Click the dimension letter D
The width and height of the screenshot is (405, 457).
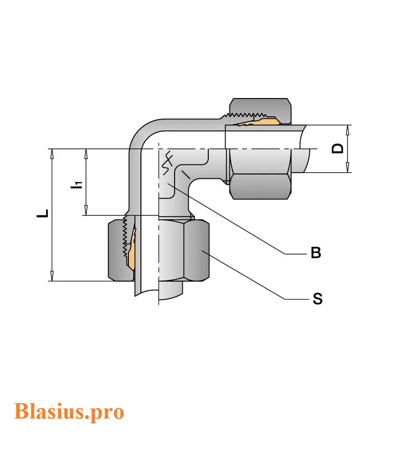(339, 148)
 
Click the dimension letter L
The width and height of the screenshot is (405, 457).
(43, 213)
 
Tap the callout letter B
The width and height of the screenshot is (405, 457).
(316, 253)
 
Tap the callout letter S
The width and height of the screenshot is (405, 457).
(317, 299)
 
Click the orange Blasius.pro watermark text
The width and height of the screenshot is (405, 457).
(69, 411)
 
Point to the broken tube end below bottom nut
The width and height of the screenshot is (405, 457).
(159, 290)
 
